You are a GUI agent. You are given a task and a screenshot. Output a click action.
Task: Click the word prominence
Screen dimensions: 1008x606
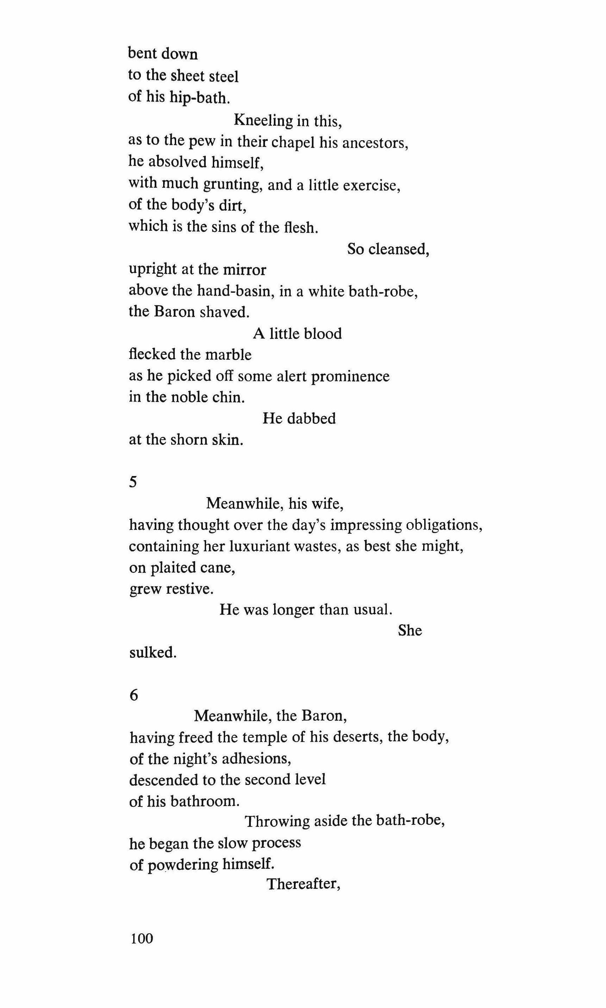click(350, 376)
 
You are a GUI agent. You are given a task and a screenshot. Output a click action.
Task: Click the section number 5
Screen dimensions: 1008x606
click(133, 482)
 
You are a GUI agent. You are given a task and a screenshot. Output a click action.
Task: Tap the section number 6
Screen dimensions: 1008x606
click(134, 695)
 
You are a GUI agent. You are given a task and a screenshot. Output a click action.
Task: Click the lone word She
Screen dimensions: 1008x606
click(410, 631)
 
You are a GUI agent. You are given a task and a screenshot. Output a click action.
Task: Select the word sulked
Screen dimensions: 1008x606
click(153, 653)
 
